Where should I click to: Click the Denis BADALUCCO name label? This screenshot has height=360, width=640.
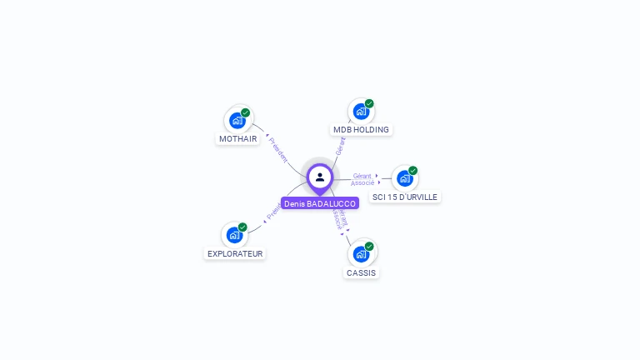(x=320, y=203)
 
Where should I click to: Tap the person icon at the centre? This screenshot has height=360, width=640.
(x=320, y=177)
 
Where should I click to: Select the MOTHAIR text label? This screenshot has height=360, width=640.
(x=237, y=139)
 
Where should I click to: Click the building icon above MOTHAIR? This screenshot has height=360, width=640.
(x=237, y=121)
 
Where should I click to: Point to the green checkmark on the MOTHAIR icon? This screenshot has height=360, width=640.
(x=246, y=112)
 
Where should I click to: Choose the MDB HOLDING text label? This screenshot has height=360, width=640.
(x=361, y=130)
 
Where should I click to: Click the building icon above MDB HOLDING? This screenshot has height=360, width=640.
(x=361, y=112)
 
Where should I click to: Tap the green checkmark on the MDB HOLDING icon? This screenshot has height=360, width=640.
(x=369, y=103)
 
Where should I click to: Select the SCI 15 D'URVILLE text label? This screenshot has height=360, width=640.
(x=405, y=197)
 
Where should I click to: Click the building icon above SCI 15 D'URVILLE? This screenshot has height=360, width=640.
(x=404, y=178)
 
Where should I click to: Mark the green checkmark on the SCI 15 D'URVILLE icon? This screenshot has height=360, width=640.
(x=413, y=170)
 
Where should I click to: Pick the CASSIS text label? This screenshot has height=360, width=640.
(x=361, y=272)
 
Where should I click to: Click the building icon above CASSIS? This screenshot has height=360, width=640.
(x=361, y=253)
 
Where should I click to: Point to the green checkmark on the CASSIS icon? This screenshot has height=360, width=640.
(x=369, y=246)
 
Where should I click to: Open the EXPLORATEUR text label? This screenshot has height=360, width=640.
(x=235, y=253)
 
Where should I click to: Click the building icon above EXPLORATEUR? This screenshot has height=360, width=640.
(x=234, y=235)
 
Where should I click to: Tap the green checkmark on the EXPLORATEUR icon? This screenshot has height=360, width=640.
(x=242, y=227)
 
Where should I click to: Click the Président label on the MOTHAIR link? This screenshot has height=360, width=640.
(x=278, y=150)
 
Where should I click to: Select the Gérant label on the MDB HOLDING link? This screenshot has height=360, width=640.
(x=340, y=146)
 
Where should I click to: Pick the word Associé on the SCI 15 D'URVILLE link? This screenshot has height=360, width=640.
(x=362, y=182)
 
